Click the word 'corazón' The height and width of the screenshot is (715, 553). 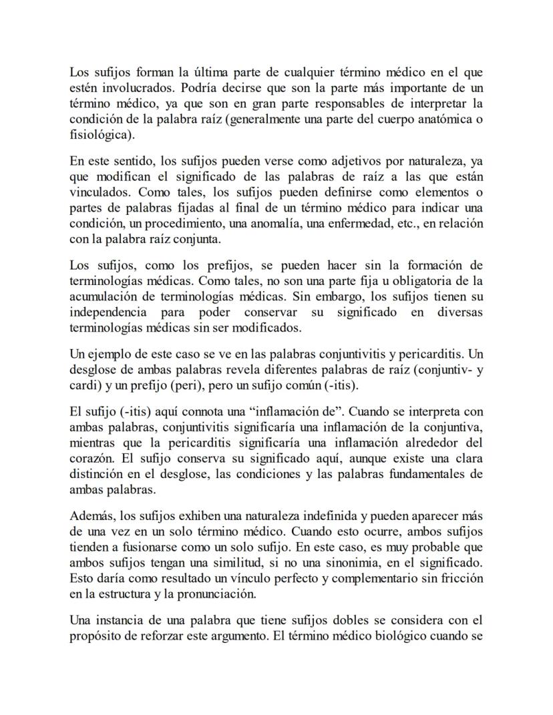tap(92, 459)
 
